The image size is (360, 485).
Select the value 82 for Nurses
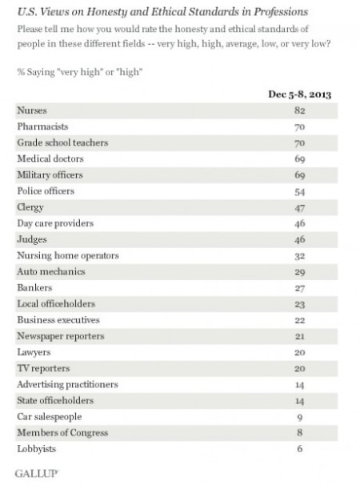tap(300, 112)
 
